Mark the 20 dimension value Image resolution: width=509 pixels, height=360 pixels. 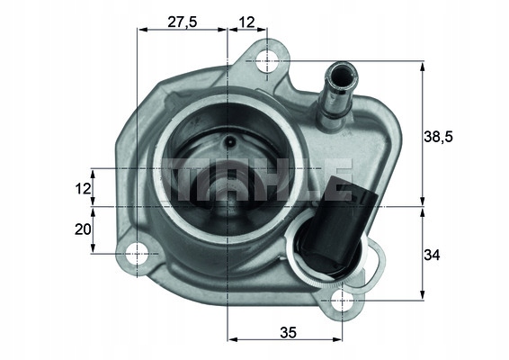coord(82,229)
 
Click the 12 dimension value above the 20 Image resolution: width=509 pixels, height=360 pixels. coord(82,188)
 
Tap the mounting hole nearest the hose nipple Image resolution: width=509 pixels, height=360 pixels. coord(267,61)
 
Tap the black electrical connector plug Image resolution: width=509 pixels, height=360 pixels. coord(338,229)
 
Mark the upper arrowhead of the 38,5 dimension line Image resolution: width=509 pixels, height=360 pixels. coord(422,66)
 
